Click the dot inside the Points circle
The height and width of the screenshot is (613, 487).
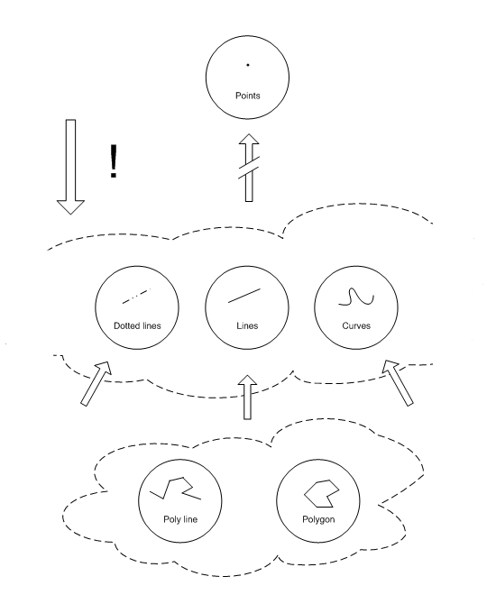coord(248,65)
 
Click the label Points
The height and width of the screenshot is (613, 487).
coord(248,96)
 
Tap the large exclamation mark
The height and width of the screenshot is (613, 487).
coord(114,160)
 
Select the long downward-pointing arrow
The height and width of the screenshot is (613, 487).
coord(71,167)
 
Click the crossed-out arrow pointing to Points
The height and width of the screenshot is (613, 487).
coord(249,168)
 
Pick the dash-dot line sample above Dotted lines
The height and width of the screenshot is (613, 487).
coord(136,296)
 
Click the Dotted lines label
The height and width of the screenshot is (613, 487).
coord(137,325)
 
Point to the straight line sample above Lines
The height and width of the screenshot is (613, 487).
coord(244,296)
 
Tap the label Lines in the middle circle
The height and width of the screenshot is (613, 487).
coord(247,325)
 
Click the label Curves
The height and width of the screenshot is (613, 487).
coord(356,325)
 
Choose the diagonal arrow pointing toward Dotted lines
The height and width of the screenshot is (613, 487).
coord(96,383)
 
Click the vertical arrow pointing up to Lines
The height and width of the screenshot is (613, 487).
coord(248,398)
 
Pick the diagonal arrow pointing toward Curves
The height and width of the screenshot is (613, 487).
coord(398,383)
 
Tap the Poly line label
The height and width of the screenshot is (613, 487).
coord(180,519)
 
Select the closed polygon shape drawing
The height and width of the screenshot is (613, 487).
coord(322,493)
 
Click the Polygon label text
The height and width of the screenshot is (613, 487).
coord(318,519)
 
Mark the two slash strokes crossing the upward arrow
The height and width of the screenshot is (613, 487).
coord(249,167)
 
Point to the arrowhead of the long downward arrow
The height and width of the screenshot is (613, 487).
coord(71,207)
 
